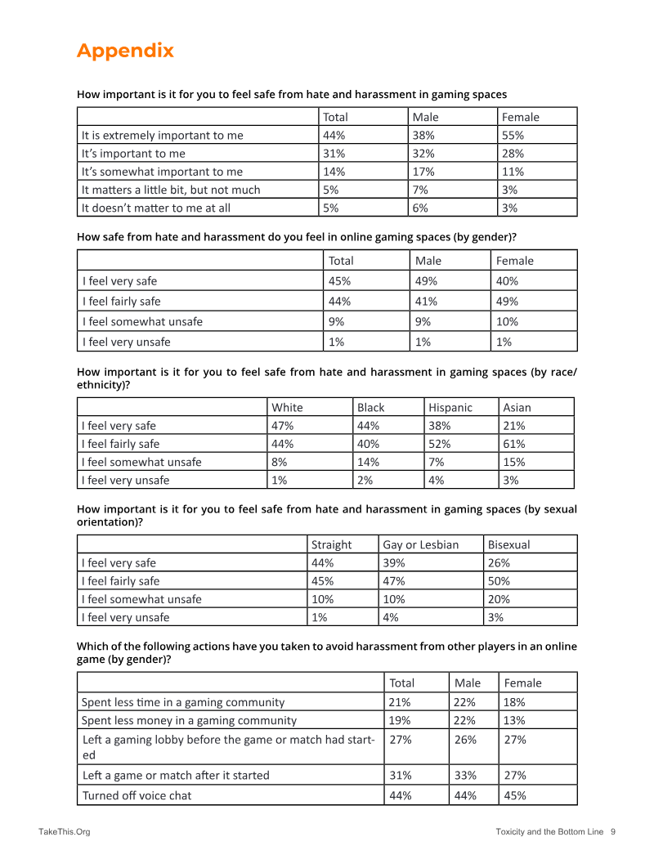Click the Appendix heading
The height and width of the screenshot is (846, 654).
click(125, 51)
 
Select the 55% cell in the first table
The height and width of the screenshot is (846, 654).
click(513, 136)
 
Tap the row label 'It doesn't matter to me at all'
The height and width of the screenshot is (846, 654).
click(155, 208)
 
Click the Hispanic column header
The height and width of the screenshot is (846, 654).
click(450, 407)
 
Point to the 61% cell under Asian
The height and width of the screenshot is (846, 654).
click(514, 444)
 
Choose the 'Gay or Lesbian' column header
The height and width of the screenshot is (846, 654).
click(420, 544)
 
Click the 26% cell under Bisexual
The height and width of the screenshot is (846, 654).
click(499, 563)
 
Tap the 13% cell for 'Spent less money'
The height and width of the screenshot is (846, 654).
click(515, 721)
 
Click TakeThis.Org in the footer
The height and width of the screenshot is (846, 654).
click(64, 832)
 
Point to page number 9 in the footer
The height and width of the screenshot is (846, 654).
click(612, 832)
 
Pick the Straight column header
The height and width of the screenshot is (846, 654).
click(331, 544)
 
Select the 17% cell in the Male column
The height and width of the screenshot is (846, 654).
click(423, 172)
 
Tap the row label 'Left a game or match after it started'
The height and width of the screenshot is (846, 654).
click(175, 775)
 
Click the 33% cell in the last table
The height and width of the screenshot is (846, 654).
click(465, 775)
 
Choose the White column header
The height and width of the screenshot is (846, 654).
click(287, 407)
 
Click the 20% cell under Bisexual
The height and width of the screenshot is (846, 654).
click(499, 599)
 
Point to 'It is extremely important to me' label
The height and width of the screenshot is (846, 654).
click(162, 136)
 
